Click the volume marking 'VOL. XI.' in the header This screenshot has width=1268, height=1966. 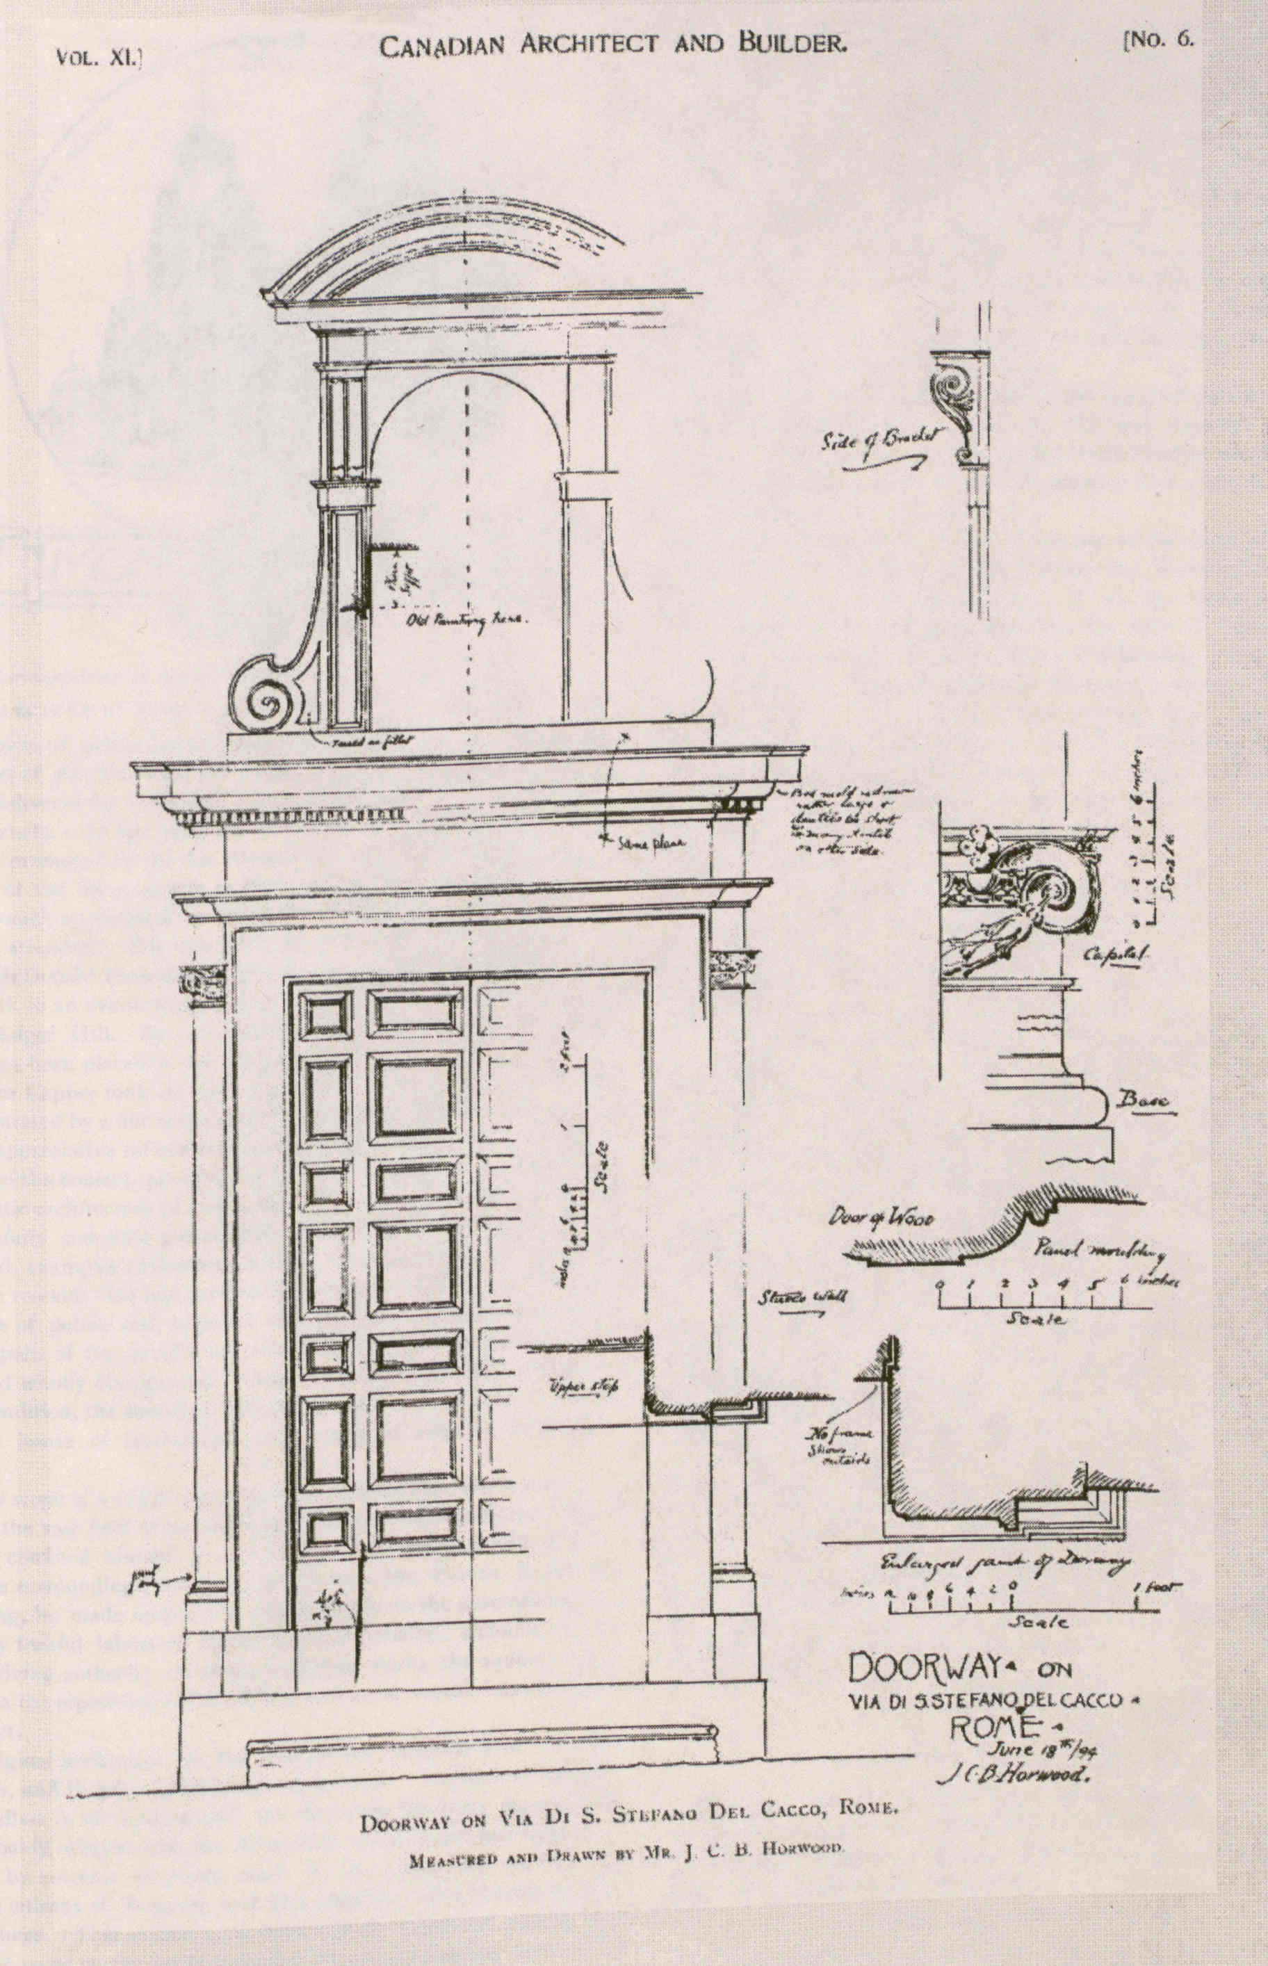coord(99,58)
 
